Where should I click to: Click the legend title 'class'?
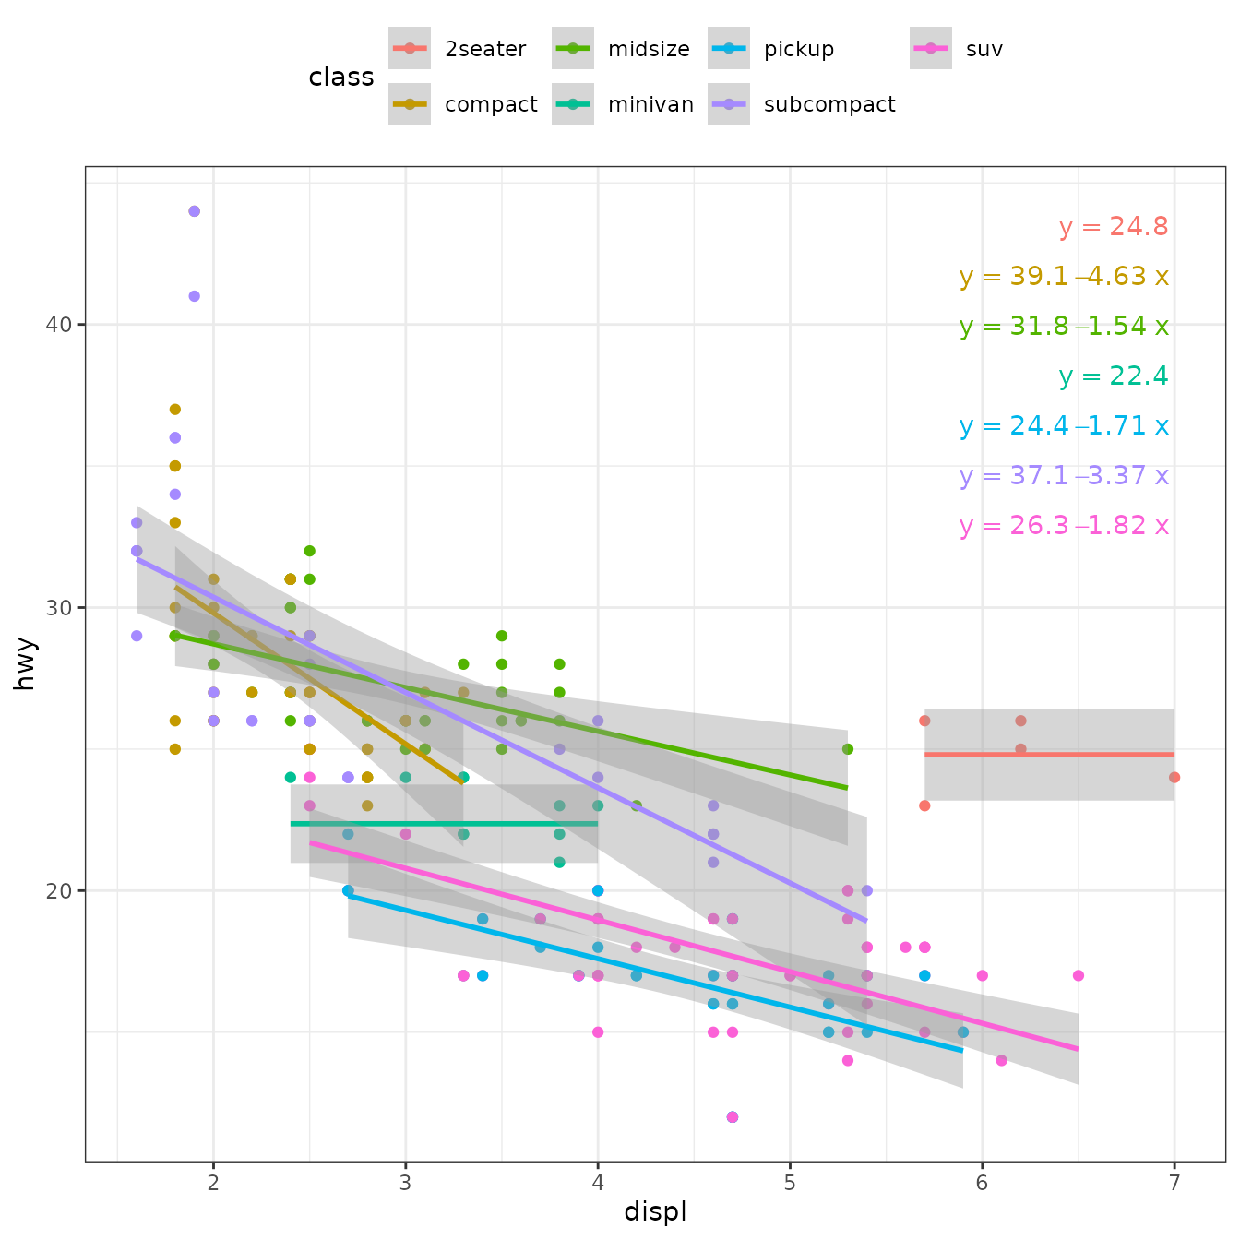tap(341, 77)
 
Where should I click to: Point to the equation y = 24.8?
tap(1114, 227)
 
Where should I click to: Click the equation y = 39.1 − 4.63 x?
tap(1064, 277)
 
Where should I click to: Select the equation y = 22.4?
tap(1114, 376)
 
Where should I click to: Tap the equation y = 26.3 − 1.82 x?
tap(1064, 526)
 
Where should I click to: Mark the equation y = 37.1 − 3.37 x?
tap(1064, 476)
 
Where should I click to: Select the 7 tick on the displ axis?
tap(1174, 1184)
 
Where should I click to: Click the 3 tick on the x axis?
tap(405, 1184)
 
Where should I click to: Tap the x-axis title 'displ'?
tap(655, 1211)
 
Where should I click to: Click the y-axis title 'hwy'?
tap(25, 663)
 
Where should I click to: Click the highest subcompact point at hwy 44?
tap(194, 211)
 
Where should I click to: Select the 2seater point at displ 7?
tap(1174, 778)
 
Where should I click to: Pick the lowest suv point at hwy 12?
tap(733, 1117)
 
